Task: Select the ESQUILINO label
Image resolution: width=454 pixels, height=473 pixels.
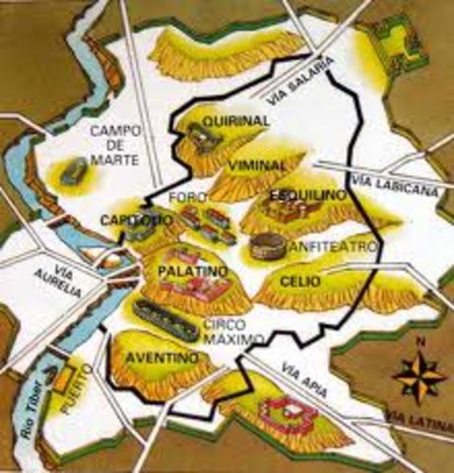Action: point(307,196)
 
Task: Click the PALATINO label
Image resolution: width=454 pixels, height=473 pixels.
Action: point(185,268)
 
